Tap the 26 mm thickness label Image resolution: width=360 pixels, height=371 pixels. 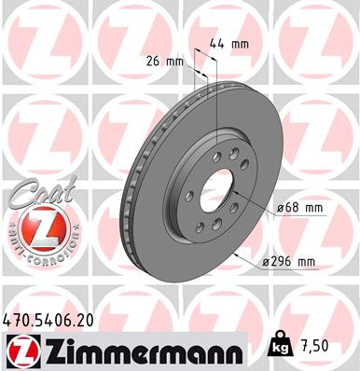(165, 63)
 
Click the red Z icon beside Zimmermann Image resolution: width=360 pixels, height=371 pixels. (19, 350)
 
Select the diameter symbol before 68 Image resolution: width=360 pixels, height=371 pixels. (279, 208)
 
